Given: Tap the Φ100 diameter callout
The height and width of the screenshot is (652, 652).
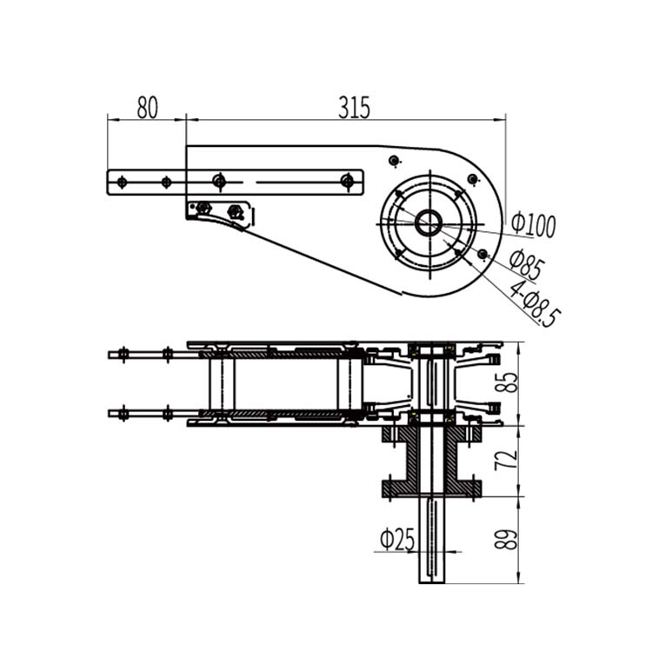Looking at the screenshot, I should [533, 224].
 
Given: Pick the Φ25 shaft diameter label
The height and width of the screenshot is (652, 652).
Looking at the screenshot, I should [397, 540].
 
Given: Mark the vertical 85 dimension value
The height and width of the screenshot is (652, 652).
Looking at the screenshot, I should [510, 383].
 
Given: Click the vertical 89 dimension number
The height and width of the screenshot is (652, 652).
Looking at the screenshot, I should [510, 532].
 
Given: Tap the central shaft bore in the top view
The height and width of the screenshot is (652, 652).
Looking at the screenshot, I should [428, 223].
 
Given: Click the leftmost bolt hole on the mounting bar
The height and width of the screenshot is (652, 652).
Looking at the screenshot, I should [121, 182].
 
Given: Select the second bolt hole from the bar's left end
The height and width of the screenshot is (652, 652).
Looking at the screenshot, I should [164, 182].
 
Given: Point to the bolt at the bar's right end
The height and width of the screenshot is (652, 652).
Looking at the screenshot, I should [348, 182].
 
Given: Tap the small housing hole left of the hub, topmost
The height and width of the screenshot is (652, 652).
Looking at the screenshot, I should [394, 161].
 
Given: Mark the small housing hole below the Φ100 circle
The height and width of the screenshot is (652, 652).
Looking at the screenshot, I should [482, 254].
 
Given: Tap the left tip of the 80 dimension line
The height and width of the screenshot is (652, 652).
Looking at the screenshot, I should [109, 120].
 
